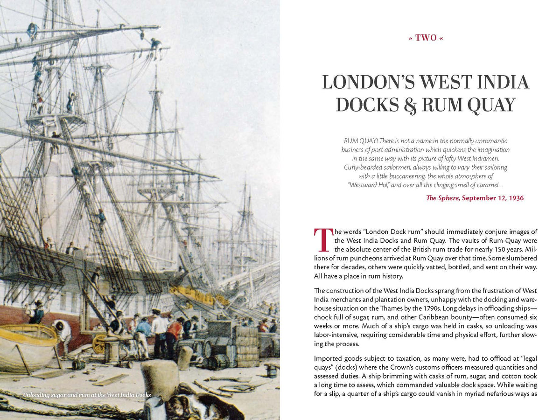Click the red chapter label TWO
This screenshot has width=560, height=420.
tap(425, 38)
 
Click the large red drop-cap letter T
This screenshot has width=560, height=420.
tap(323, 239)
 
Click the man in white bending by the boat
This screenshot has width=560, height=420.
tap(63, 333)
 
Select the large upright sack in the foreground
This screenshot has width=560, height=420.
tap(160, 380)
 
